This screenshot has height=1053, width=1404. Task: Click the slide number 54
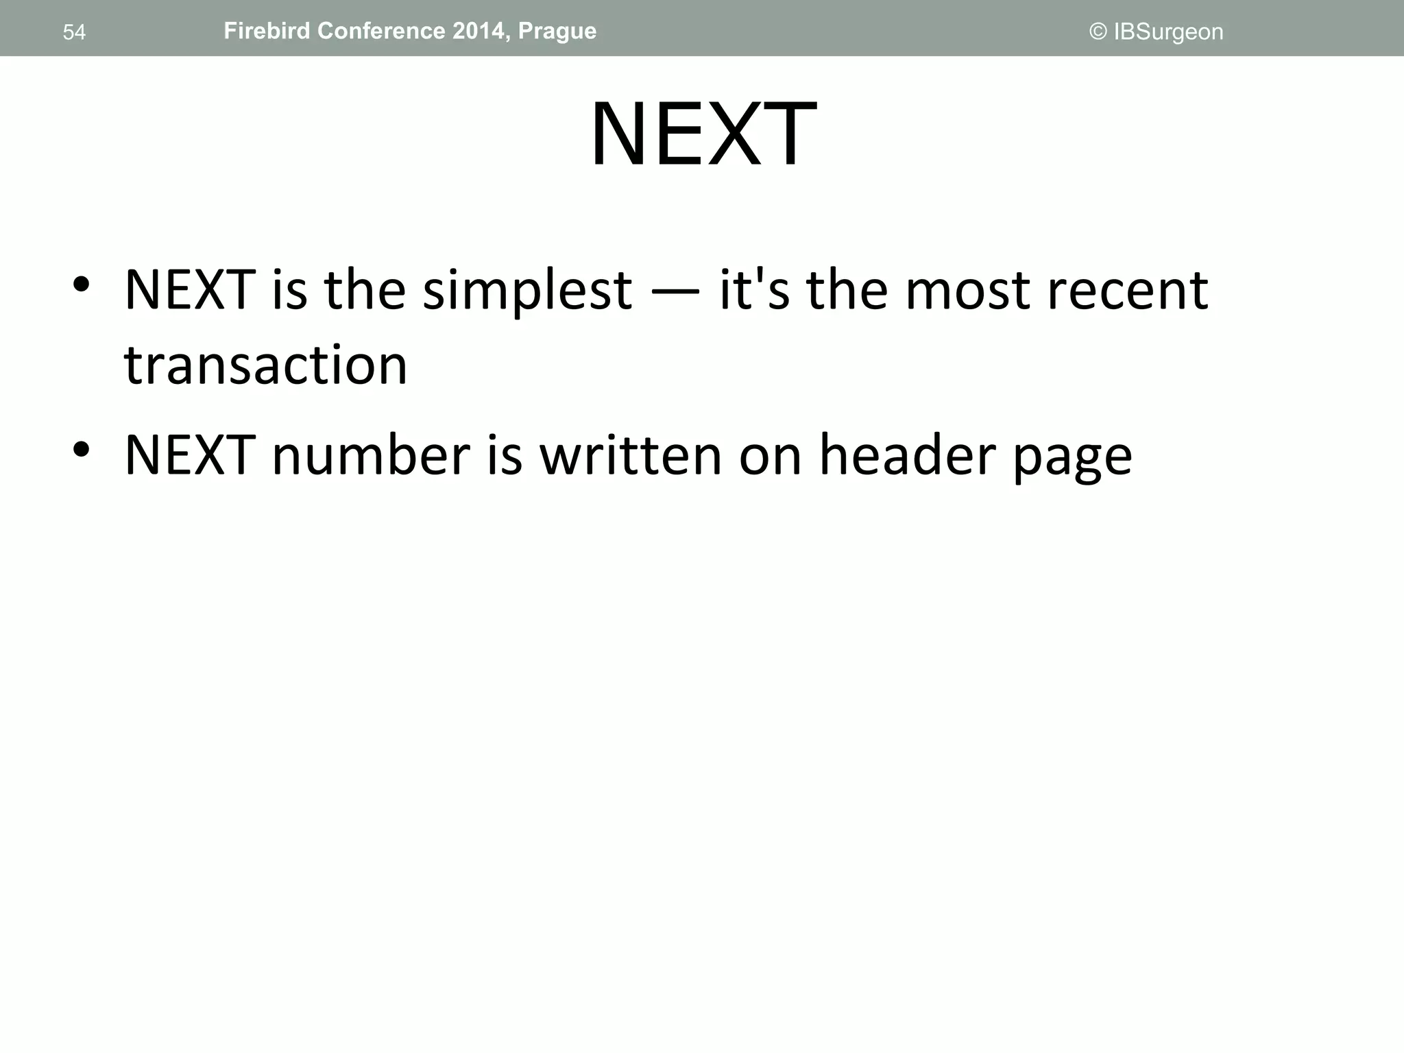74,32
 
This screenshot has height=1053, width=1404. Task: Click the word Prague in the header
557,32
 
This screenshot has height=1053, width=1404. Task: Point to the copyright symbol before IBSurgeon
1098,32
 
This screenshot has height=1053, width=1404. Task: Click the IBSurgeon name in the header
1168,32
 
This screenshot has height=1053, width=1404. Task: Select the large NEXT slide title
703,134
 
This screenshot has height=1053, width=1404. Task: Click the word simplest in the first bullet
526,291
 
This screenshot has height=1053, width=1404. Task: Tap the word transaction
265,365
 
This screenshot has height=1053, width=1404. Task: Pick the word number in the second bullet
371,455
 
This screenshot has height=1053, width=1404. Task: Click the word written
631,455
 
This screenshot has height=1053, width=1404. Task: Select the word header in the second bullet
907,455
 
